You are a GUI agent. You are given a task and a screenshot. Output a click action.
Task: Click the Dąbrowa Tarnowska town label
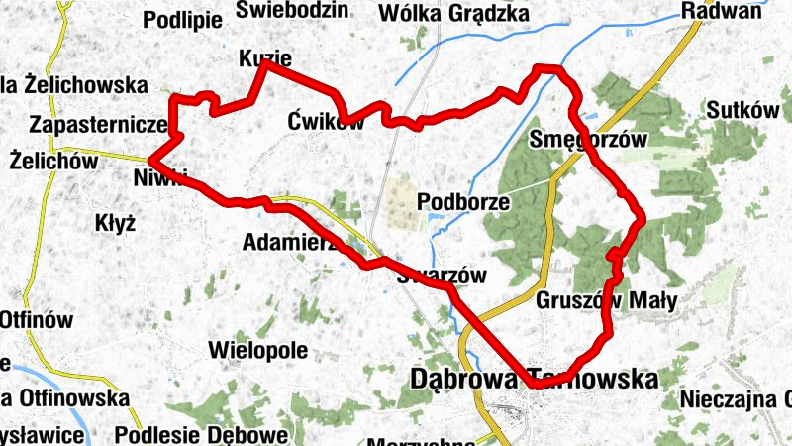coord(534,380)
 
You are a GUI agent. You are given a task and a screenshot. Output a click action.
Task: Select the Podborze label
coord(463,202)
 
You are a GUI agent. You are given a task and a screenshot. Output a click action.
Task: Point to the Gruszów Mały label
coord(605,300)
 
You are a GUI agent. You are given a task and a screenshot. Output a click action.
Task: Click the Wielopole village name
coord(258,350)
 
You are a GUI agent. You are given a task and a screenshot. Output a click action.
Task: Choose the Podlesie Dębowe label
coord(201,434)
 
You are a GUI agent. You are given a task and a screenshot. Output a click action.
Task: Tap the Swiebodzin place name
coord(293,10)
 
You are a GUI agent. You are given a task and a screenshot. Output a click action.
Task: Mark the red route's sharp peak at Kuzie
coord(265,63)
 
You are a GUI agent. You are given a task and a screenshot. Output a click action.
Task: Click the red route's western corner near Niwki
coord(151,160)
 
